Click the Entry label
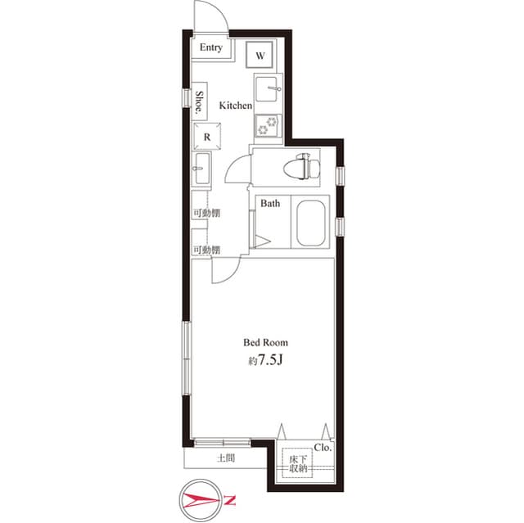pos(211,47)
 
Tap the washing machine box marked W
pos(260,55)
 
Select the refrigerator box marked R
pos(207,136)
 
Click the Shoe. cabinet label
pos(199,101)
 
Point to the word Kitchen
pos(236,106)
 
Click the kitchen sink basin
pos(266,89)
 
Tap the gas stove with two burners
pos(268,125)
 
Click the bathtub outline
pos(311,223)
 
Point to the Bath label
pos(270,203)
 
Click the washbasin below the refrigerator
pos(202,168)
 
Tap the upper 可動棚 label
pos(207,213)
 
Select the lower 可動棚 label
pos(207,250)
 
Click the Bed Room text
pos(265,342)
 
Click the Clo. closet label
pos(323,448)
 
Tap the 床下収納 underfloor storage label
pos(298,464)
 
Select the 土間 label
pos(226,458)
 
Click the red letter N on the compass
pos(229,500)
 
